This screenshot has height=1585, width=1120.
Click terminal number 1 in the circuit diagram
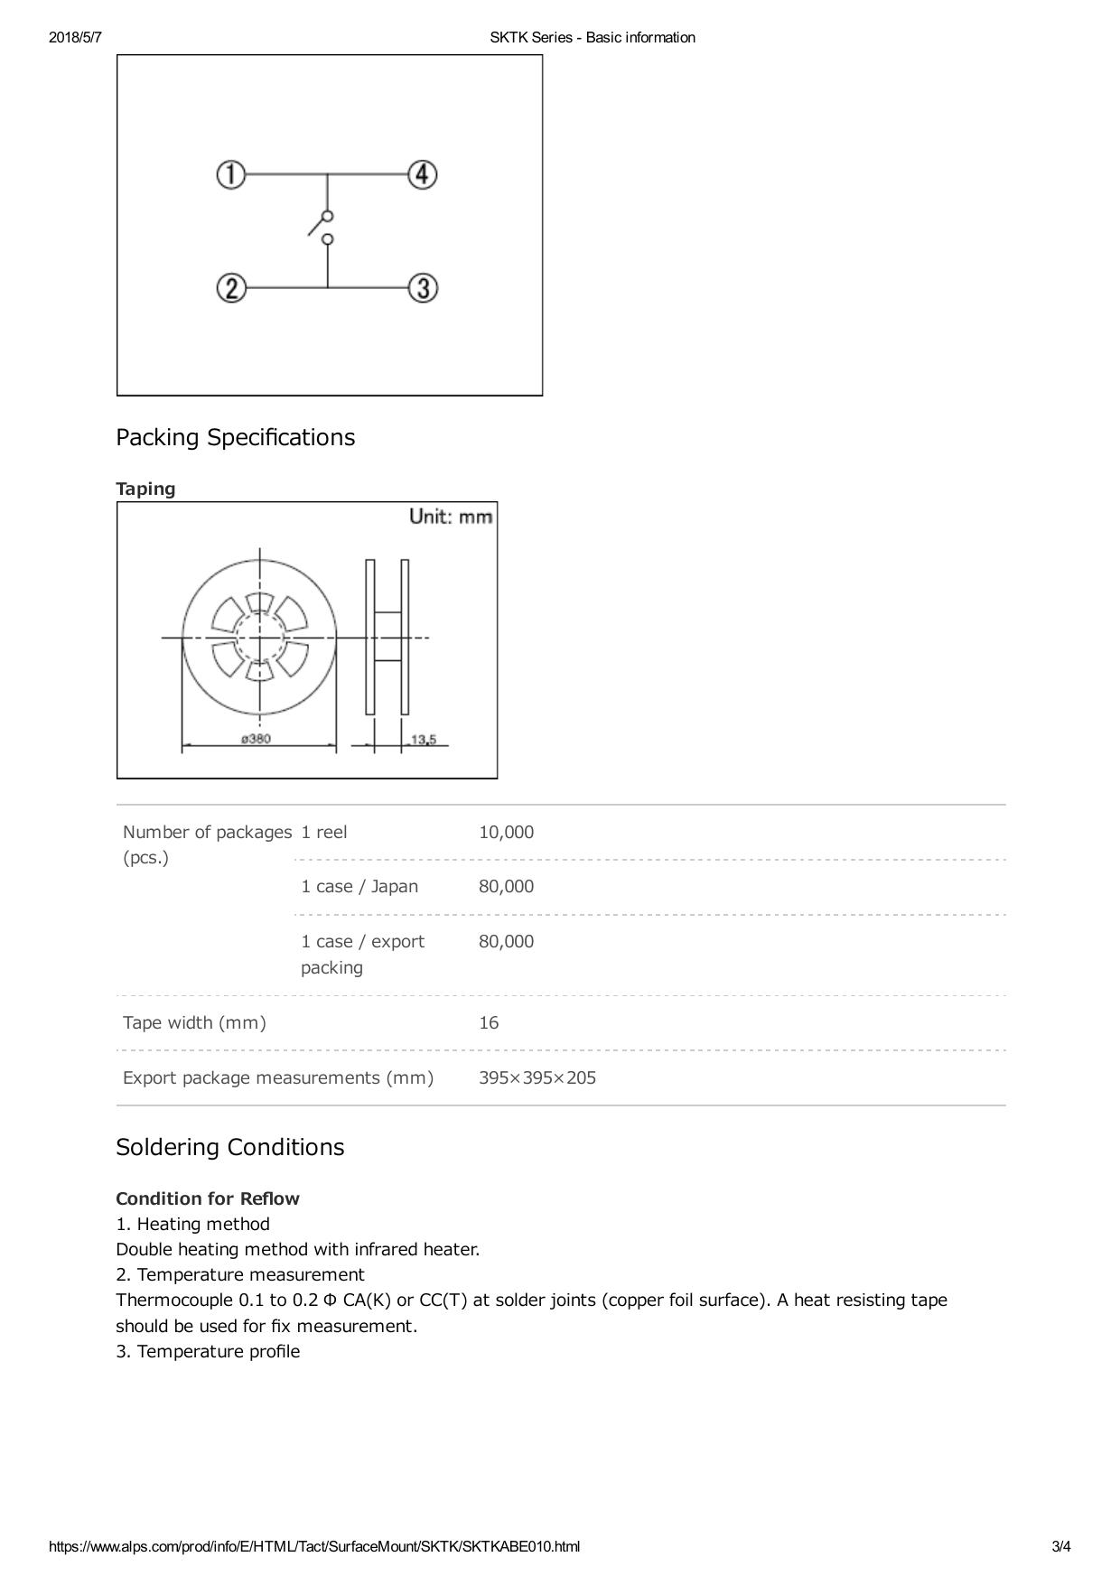231,174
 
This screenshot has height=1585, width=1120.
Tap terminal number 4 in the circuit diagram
423,174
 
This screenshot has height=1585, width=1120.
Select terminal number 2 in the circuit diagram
231,289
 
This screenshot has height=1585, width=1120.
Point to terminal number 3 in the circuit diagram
423,289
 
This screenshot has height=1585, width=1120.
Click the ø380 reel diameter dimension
256,740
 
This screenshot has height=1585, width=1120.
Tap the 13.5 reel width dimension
423,741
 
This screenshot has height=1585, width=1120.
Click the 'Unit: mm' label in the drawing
451,517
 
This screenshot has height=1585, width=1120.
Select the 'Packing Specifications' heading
235,437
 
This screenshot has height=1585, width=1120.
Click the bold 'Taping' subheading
145,489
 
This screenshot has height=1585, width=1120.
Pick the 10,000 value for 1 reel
506,832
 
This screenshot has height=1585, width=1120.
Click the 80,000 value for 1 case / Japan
506,886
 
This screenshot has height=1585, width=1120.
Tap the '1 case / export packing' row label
362,954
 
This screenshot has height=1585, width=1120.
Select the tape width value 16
489,1022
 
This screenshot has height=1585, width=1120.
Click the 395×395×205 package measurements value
537,1077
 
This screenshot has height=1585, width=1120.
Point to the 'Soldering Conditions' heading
229,1147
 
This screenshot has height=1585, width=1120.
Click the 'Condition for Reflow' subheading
208,1198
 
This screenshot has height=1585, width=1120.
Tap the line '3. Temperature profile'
208,1351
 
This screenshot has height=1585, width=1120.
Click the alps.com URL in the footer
314,1546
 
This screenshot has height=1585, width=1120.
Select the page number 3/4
1060,1546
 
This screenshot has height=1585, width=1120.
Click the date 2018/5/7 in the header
75,37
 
